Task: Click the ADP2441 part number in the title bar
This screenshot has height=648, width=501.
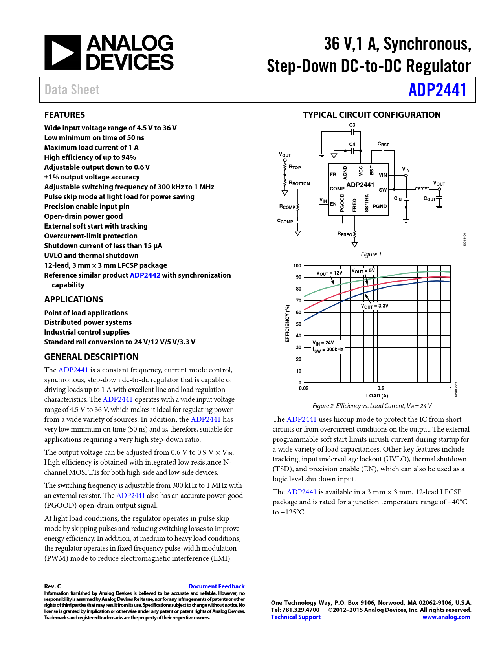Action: (437, 90)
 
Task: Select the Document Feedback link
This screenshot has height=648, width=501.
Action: (216, 586)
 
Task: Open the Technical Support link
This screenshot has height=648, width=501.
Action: (295, 617)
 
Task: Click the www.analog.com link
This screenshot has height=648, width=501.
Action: (446, 617)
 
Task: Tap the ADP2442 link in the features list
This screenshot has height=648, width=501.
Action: (145, 275)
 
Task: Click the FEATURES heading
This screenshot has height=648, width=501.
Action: (64, 115)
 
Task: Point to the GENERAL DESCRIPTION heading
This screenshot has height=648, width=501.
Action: (91, 357)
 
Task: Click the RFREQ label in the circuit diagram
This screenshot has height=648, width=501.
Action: (345, 234)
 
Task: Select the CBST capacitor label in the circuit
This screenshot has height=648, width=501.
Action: (383, 144)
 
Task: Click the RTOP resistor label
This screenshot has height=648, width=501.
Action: (295, 167)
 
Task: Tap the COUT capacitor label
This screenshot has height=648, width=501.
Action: (429, 199)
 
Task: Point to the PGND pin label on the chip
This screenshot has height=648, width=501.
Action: (380, 206)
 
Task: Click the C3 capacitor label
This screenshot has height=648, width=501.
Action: (352, 125)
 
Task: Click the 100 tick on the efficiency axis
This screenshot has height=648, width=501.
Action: (297, 266)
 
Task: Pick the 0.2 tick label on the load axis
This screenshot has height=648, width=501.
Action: (381, 388)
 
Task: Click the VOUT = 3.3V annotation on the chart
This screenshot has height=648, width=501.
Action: (374, 306)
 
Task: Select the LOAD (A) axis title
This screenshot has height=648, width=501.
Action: (377, 395)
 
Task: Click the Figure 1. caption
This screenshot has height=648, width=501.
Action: (372, 254)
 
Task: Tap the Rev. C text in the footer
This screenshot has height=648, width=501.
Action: (53, 586)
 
